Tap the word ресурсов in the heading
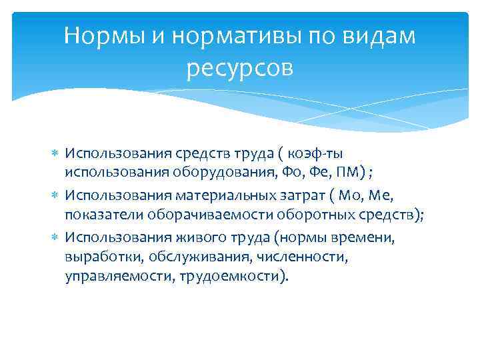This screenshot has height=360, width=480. pos(240,68)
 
